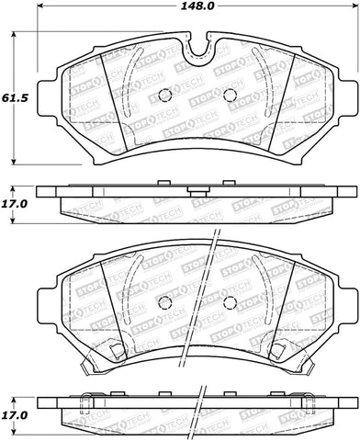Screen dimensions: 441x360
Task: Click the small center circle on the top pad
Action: (x=164, y=96)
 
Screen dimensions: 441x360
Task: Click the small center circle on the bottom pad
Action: (x=164, y=302)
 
